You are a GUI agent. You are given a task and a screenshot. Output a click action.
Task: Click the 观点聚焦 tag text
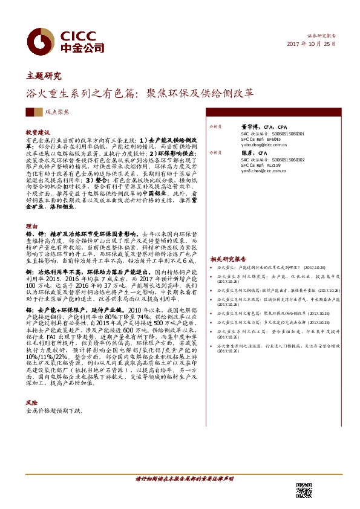tap(57, 112)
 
